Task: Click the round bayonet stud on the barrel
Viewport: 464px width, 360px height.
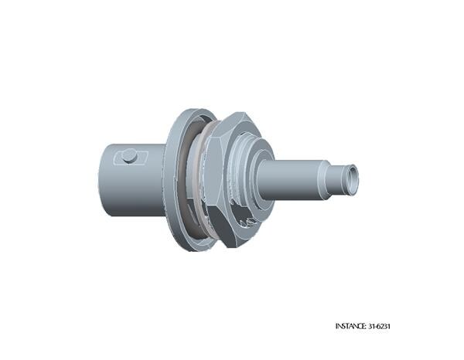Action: coord(130,156)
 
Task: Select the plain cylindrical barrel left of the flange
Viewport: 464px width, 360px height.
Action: coord(131,180)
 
